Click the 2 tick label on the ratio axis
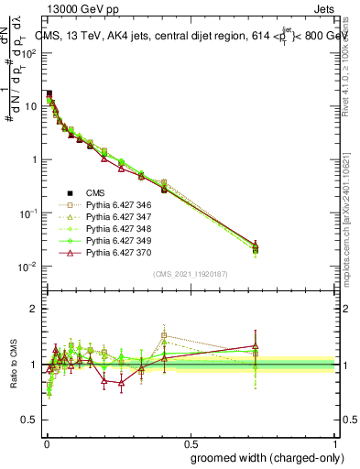click(x=35, y=309)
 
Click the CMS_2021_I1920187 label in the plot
click(x=190, y=273)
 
